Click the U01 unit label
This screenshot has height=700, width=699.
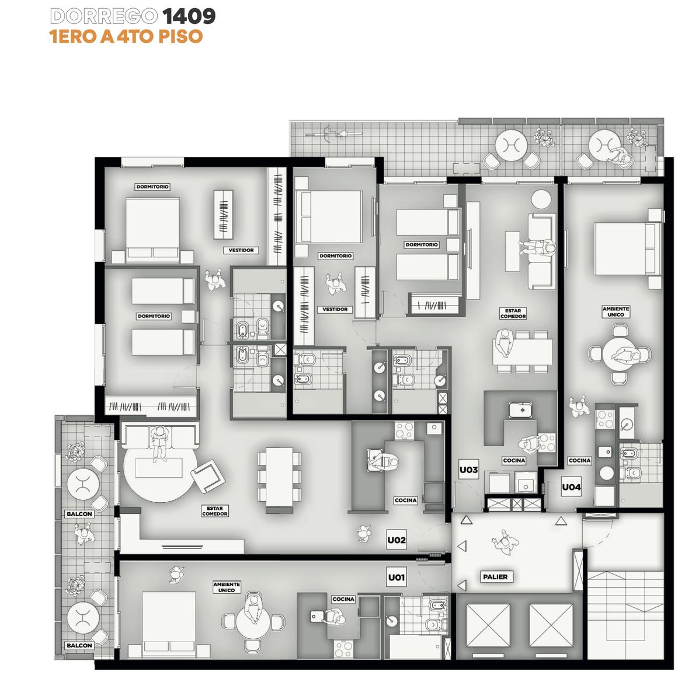(x=396, y=577)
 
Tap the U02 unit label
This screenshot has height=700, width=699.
(x=396, y=540)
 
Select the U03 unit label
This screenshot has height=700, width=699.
(x=468, y=470)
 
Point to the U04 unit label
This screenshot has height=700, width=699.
(x=571, y=487)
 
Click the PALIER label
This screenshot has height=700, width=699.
(x=495, y=576)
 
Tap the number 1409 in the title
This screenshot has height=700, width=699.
(x=189, y=16)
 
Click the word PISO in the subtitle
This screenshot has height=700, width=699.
(x=180, y=37)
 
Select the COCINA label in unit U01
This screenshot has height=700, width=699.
(x=343, y=599)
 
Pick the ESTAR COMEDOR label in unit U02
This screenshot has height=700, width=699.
(x=214, y=511)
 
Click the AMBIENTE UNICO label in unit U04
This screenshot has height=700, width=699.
(x=615, y=311)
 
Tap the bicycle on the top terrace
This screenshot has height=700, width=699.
(x=333, y=134)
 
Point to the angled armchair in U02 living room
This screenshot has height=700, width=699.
(x=207, y=476)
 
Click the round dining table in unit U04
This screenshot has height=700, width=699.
(x=620, y=355)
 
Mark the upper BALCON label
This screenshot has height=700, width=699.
(x=79, y=514)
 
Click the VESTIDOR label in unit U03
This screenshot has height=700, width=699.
(x=335, y=309)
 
